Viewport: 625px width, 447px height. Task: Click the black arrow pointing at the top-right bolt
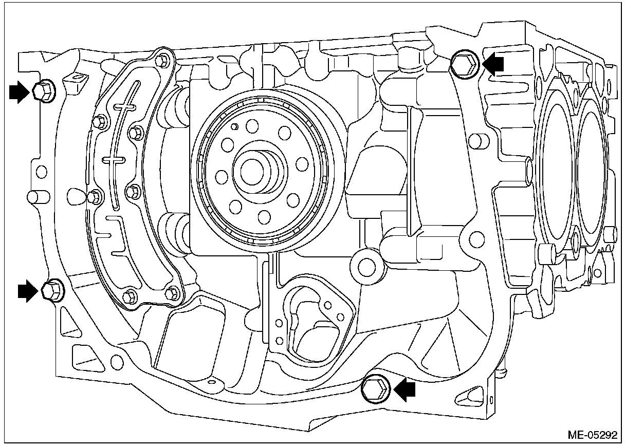494,63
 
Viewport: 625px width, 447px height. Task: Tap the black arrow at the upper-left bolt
20,92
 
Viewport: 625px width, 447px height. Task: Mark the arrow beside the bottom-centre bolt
405,390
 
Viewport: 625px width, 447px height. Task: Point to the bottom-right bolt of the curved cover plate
173,293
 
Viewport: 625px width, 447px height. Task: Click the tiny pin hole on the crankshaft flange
234,126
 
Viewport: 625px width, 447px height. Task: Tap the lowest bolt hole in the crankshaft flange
264,217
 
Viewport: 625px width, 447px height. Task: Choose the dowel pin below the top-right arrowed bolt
477,140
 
